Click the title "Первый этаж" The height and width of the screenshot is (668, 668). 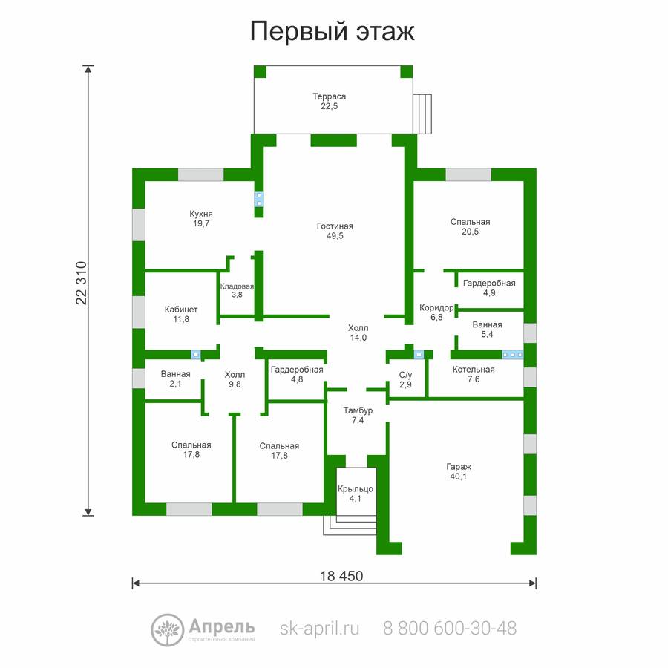(332, 31)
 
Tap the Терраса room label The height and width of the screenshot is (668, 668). (330, 102)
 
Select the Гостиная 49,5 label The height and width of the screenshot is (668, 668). (335, 231)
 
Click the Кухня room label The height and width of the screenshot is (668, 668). (201, 218)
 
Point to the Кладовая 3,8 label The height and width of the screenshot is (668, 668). (237, 290)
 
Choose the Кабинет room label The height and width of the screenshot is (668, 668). (181, 314)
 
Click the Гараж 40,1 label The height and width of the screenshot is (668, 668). (459, 471)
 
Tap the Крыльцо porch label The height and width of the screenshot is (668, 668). (356, 494)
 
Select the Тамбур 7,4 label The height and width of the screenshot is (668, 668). (358, 416)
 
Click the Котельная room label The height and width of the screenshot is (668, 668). (474, 374)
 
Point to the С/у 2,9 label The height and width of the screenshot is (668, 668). (405, 379)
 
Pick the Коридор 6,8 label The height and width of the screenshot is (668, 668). (436, 312)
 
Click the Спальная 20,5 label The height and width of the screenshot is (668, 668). (471, 226)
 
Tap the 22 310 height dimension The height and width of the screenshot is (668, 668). (82, 283)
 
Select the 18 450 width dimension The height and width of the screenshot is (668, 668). (341, 576)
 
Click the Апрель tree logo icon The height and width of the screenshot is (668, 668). (168, 630)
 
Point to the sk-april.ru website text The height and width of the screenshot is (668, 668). (319, 629)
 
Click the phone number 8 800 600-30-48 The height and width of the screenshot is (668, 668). (450, 628)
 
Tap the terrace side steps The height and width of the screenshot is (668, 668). (422, 114)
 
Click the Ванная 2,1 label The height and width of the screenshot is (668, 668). (175, 379)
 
